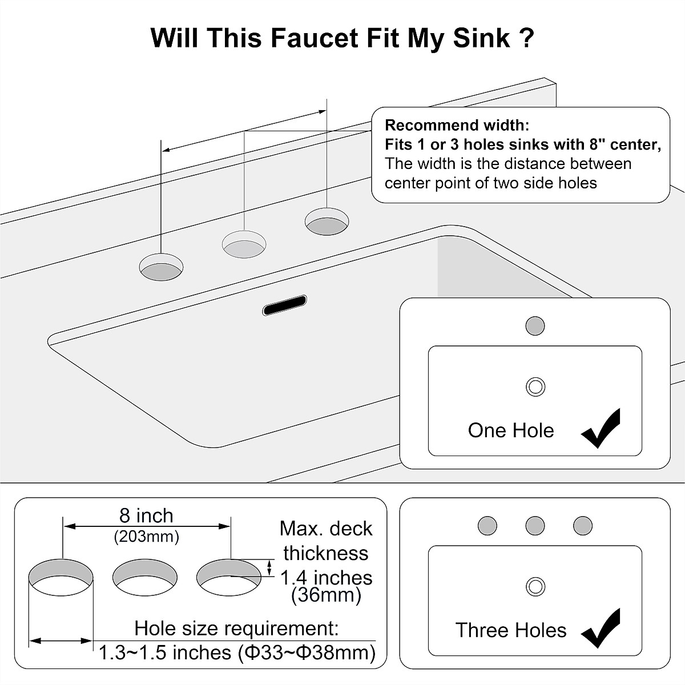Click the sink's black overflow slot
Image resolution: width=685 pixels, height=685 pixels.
coord(284,305)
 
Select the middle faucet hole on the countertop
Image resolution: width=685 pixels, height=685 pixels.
coord(244,245)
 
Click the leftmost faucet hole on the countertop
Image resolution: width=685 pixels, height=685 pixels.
coord(162,268)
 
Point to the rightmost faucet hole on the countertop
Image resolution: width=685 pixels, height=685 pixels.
coord(327,221)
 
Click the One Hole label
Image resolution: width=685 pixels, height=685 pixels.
coord(510,430)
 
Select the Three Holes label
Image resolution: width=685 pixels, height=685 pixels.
coord(510,630)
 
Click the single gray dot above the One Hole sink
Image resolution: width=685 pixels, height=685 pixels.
coord(535,327)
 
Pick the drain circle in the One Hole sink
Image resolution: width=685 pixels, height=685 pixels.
coord(535,386)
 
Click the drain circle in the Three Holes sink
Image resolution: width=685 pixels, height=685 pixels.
coord(535,586)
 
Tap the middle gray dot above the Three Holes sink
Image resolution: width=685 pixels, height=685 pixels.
coord(535,525)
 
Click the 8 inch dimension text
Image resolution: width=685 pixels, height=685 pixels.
coord(146,515)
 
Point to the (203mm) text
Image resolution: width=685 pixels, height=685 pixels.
coord(146,537)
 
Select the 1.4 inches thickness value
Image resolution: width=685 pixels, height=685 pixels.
coord(326,578)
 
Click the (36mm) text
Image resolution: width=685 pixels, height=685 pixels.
coord(326,595)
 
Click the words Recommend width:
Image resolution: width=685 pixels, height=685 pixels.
coord(457,125)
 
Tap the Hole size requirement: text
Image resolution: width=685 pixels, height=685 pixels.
coord(236,628)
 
